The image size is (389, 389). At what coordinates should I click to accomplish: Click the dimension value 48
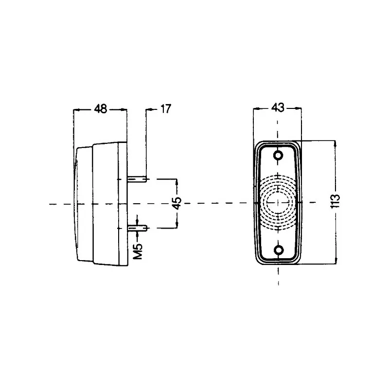[x=101, y=109]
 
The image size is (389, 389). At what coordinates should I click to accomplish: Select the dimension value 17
[x=165, y=109]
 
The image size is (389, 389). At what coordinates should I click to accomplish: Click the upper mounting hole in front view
[x=278, y=156]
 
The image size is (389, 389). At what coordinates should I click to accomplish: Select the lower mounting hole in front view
[x=278, y=250]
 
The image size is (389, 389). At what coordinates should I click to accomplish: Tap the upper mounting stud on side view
[x=137, y=179]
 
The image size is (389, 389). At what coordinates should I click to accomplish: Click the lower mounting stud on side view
[x=137, y=227]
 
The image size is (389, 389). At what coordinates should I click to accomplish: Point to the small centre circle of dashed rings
[x=278, y=202]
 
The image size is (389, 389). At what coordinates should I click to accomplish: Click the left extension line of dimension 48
[x=73, y=126]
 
